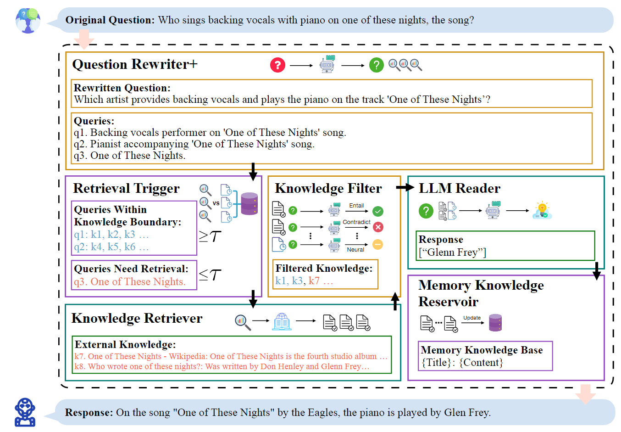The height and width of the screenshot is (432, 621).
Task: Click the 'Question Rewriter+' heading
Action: pos(135,64)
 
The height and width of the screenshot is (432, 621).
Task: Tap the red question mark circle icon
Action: pos(277,65)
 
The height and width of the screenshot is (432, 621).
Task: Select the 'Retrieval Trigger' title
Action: pos(126,189)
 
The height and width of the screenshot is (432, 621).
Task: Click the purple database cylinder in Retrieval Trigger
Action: pos(249,204)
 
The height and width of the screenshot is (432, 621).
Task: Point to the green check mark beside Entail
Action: pos(377,211)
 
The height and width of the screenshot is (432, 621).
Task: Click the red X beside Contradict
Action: pos(377,227)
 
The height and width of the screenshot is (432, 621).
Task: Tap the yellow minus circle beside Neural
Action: pos(377,244)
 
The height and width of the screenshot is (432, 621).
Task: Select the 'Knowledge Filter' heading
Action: pos(328,189)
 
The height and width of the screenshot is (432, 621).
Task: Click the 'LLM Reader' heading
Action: pos(459,189)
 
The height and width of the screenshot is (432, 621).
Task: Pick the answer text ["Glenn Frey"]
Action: pos(452,252)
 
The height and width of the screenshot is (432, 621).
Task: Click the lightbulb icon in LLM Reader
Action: pos(542,210)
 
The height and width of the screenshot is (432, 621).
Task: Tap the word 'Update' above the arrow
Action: pos(472,318)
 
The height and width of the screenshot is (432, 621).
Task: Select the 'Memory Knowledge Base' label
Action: pos(482,350)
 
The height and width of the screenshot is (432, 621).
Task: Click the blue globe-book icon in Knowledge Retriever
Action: pos(282,321)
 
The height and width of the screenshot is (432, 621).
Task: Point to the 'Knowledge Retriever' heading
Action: pos(137,319)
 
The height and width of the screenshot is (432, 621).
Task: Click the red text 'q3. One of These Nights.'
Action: pos(130,282)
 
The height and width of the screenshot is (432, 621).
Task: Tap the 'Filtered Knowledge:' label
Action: pos(324,269)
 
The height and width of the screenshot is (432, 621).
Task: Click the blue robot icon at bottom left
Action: pos(25,412)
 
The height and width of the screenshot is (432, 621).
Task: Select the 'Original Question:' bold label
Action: pos(110,20)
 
